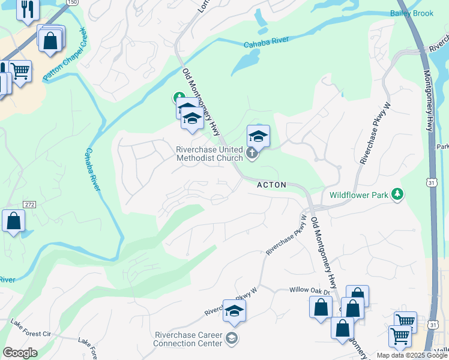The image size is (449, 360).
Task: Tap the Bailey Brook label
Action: click(x=411, y=13)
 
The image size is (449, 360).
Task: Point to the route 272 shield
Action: click(x=30, y=205)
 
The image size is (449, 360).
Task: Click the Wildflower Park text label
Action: click(x=358, y=195)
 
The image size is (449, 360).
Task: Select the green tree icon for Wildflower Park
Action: click(x=396, y=194)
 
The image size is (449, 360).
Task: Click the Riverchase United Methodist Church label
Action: click(x=209, y=154)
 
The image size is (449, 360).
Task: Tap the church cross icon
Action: click(x=252, y=154)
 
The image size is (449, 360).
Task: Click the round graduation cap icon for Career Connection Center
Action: click(x=231, y=339)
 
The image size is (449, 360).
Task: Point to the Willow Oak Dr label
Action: click(x=310, y=290)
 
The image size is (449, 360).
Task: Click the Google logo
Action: click(x=20, y=353)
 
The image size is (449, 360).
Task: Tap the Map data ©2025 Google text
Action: click(x=412, y=355)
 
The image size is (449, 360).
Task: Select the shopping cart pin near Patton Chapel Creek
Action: click(x=20, y=71)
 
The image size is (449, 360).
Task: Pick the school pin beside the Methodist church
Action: click(x=258, y=136)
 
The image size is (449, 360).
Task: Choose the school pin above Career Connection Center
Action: click(x=235, y=310)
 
